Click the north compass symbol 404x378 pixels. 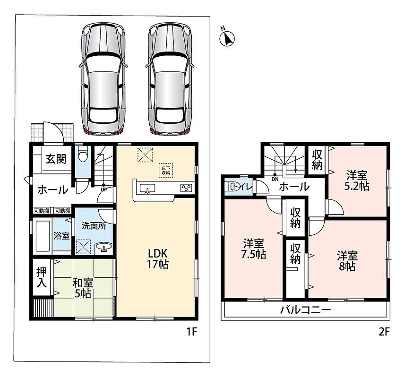227,38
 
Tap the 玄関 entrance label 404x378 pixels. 56,159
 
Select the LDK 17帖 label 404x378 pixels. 158,259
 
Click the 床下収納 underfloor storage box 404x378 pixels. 166,170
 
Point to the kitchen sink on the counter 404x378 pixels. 147,189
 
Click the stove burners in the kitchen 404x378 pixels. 186,188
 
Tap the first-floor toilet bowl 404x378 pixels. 83,155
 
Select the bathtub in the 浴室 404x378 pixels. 42,236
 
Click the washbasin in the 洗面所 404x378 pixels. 104,248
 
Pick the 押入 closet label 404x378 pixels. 41,277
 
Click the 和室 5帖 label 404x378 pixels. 83,288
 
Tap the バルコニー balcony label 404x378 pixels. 305,309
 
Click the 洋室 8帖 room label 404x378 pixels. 347,261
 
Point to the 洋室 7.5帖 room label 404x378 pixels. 254,249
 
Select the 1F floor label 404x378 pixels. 192,332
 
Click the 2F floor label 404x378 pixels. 384,332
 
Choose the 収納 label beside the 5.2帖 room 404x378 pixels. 317,160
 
